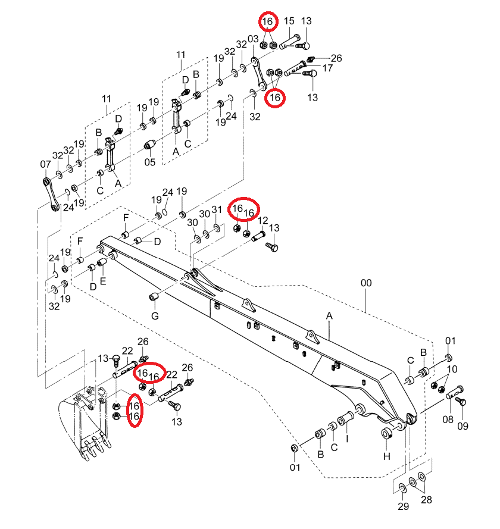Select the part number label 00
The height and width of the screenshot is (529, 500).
click(x=366, y=283)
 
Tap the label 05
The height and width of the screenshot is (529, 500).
click(x=150, y=162)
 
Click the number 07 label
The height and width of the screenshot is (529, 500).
click(x=46, y=164)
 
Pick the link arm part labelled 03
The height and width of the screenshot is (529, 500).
click(x=258, y=74)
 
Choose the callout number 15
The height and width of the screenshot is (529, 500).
click(x=289, y=21)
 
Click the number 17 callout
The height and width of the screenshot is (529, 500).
click(x=327, y=68)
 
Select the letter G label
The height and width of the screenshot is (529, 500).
click(x=155, y=316)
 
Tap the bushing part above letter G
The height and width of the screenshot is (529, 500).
click(x=155, y=297)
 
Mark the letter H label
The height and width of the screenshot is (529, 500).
click(x=387, y=456)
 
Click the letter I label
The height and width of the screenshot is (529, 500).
click(x=347, y=439)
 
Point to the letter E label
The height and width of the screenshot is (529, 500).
click(x=103, y=281)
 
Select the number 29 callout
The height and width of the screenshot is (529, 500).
click(x=403, y=506)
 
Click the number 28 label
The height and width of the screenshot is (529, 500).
click(x=426, y=500)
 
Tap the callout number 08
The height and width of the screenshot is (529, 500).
click(x=448, y=420)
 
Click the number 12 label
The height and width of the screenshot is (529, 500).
click(x=263, y=221)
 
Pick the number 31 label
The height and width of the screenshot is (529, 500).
click(x=217, y=210)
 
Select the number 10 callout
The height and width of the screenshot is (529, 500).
click(x=452, y=369)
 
